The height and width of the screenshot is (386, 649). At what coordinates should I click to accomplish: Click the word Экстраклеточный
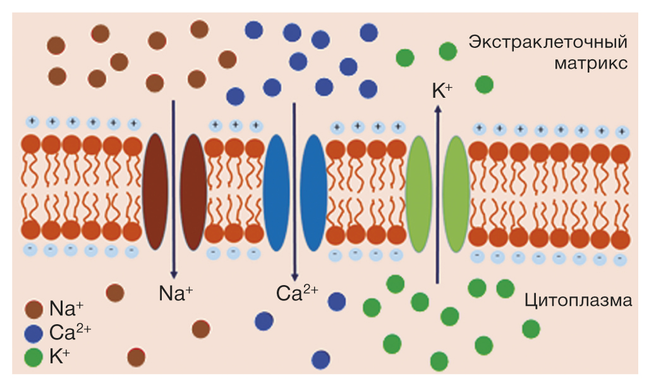(x=548, y=44)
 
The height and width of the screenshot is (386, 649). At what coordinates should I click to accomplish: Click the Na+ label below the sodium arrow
(x=176, y=293)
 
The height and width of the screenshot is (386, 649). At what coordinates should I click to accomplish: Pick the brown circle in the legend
(x=33, y=309)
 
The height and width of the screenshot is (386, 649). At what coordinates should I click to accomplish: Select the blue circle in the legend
(x=33, y=333)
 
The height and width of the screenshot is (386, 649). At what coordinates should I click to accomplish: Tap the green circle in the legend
(x=33, y=357)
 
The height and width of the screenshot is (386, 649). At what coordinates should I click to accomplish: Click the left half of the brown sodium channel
(x=154, y=191)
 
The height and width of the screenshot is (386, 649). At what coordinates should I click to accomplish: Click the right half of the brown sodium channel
(x=194, y=191)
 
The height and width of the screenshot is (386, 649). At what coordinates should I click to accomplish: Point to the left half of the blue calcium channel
(x=275, y=192)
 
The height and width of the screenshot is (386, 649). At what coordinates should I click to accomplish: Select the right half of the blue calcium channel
(x=313, y=192)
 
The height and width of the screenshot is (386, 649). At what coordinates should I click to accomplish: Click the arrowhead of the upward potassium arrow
(x=437, y=108)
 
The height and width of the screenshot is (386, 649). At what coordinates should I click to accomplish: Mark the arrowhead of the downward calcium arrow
(x=294, y=277)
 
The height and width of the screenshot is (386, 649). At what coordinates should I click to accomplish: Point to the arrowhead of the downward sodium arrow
(x=173, y=277)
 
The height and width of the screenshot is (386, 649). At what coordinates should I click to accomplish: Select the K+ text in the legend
(x=59, y=357)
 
